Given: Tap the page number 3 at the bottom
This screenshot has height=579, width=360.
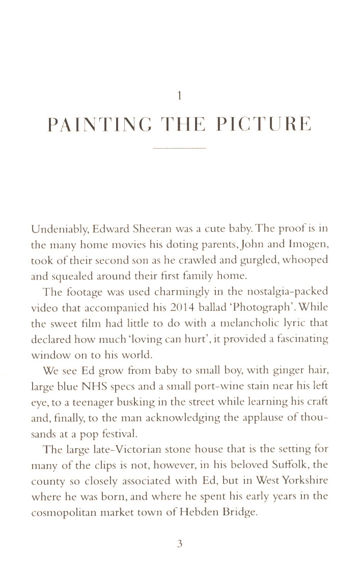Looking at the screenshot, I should tap(179, 544).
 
